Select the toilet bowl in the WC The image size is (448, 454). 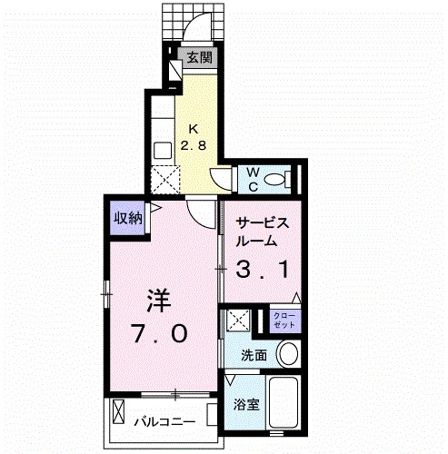click(284, 179)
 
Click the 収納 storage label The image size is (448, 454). click(126, 218)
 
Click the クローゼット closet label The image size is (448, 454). click(284, 320)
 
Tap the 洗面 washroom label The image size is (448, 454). click(254, 355)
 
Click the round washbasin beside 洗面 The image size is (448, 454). click(288, 353)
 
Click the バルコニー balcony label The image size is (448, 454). click(164, 421)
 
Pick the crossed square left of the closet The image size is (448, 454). click(239, 320)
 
